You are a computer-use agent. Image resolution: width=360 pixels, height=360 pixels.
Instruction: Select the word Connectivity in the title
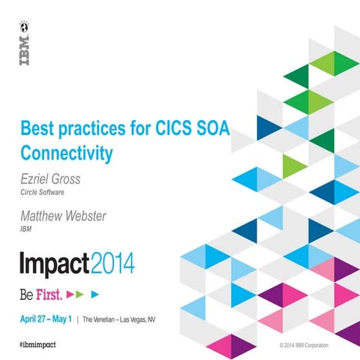click(67, 154)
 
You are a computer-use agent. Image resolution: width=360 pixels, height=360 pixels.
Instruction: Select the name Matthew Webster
click(64, 218)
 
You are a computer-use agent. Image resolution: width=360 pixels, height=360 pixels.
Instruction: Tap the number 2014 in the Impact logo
click(112, 263)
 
